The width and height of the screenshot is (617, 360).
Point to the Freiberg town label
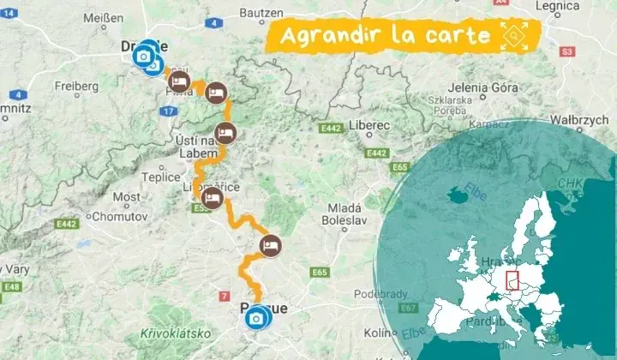coord(77,86)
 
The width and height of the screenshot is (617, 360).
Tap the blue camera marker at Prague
coord(255,320)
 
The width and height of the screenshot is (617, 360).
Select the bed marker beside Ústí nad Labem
coord(225,133)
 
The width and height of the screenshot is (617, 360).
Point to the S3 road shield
coord(566,52)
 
